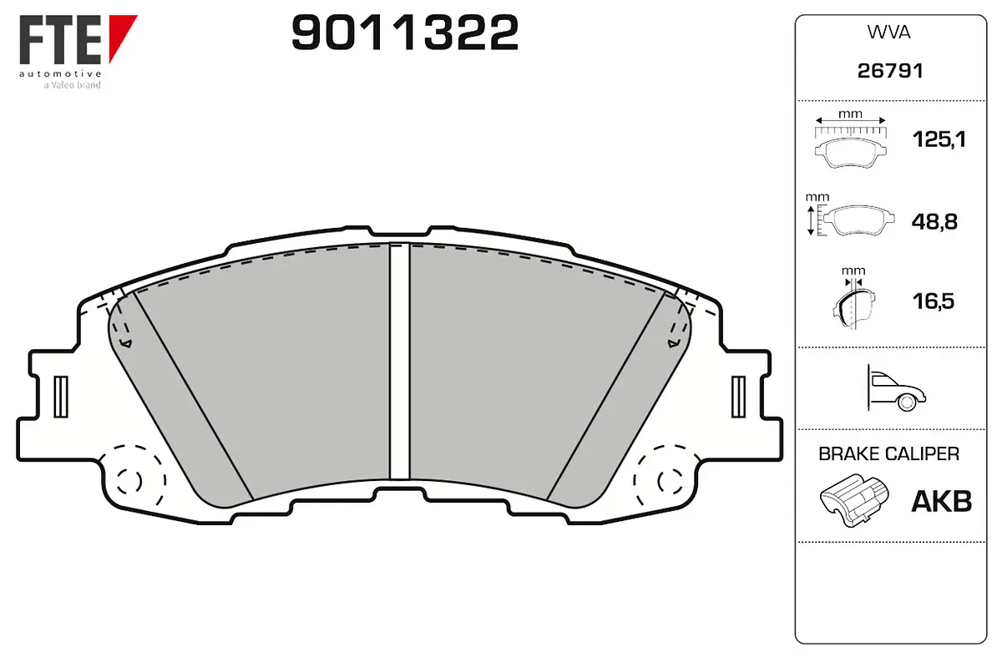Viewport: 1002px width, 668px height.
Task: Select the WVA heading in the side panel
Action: (889, 33)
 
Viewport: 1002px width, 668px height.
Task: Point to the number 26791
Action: (890, 72)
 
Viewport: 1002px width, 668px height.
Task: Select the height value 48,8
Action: (935, 222)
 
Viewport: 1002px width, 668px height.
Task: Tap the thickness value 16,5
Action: (935, 301)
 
